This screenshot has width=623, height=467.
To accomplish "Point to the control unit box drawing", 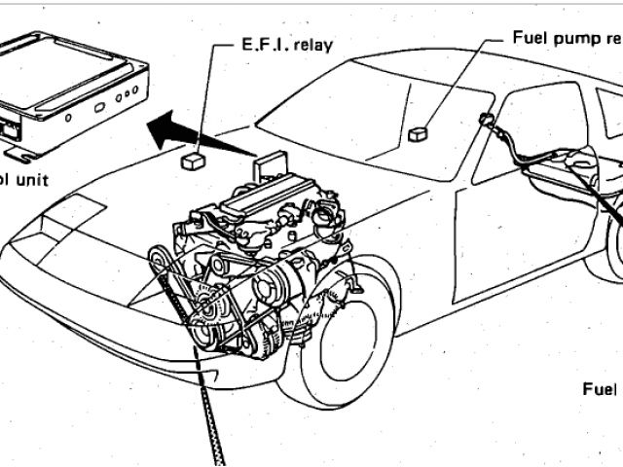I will (x=73, y=88).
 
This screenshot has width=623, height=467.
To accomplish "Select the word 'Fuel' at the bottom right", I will (x=601, y=389).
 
